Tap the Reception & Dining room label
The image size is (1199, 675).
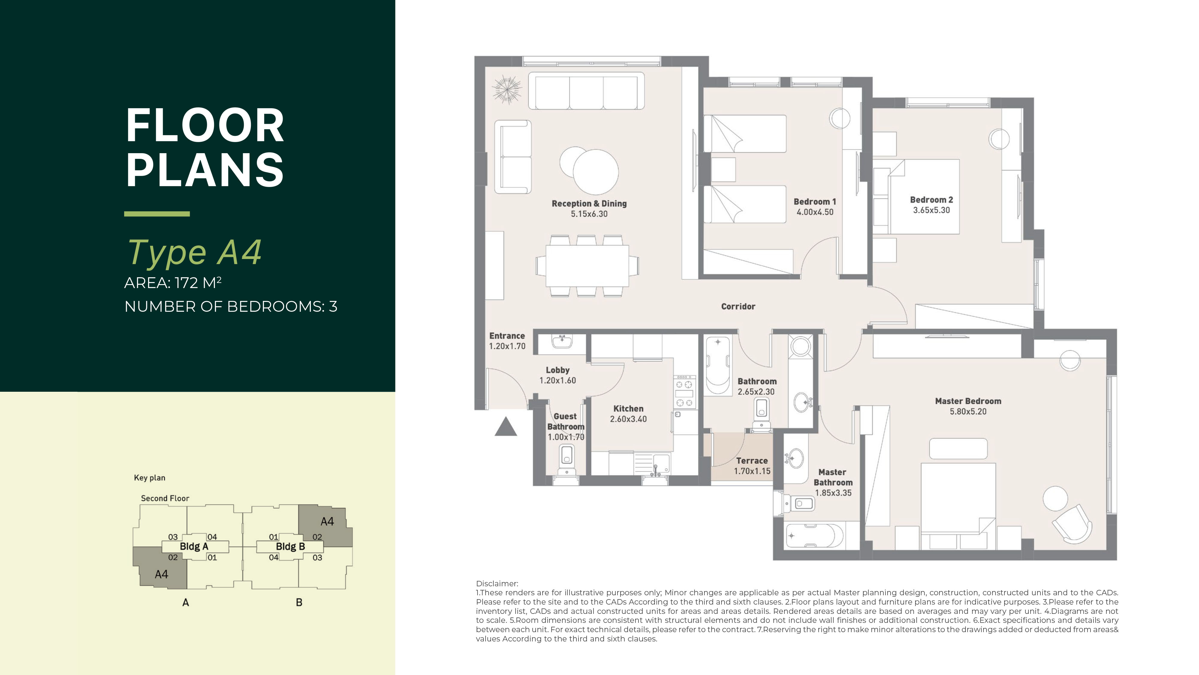pyautogui.click(x=589, y=204)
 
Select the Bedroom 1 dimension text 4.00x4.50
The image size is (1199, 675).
pyautogui.click(x=815, y=212)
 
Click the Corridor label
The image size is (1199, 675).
pyautogui.click(x=738, y=306)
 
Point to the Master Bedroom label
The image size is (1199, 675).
pyautogui.click(x=968, y=401)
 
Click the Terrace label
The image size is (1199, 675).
pyautogui.click(x=752, y=460)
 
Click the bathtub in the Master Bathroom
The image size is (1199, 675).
pyautogui.click(x=814, y=536)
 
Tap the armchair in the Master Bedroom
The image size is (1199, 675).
pyautogui.click(x=1072, y=524)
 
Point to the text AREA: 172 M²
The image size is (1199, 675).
pyautogui.click(x=173, y=283)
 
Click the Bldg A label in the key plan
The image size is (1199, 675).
pyautogui.click(x=194, y=546)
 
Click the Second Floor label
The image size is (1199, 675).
pyautogui.click(x=165, y=498)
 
